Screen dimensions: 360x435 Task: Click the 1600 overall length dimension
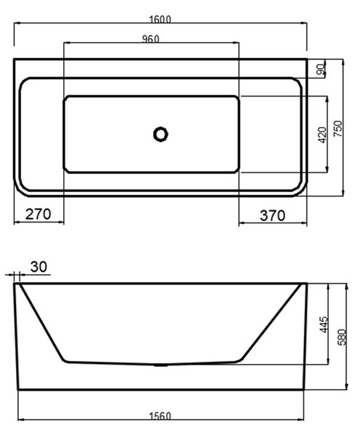point(160,20)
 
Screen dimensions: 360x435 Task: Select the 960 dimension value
point(151,39)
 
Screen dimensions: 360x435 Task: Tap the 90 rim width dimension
point(321,70)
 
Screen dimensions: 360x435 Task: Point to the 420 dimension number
point(322,135)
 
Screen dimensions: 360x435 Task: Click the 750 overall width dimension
point(337,128)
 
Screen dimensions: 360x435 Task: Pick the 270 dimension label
point(38,214)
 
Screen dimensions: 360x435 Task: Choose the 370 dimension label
point(272,215)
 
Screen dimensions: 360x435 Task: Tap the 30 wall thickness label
point(38,267)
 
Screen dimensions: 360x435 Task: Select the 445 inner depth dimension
point(324,324)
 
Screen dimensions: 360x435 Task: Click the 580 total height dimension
point(342,337)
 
